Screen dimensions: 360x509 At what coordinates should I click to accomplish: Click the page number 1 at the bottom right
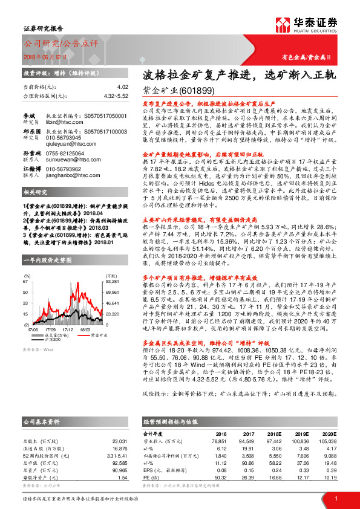coord(336,499)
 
